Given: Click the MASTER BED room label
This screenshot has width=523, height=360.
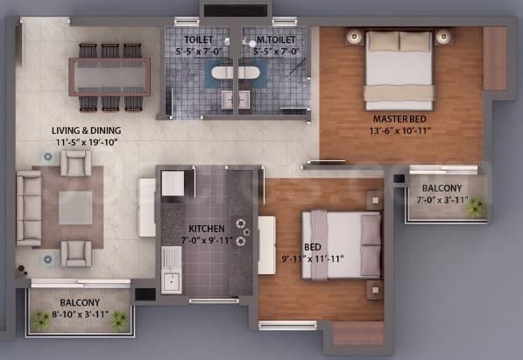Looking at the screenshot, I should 399,119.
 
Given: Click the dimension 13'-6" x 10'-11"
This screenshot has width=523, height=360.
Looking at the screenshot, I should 399,132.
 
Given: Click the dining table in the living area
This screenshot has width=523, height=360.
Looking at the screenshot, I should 110,76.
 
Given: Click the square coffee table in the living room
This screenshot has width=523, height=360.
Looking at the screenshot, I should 76,207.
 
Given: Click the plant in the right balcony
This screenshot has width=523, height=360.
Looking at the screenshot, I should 474,208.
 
